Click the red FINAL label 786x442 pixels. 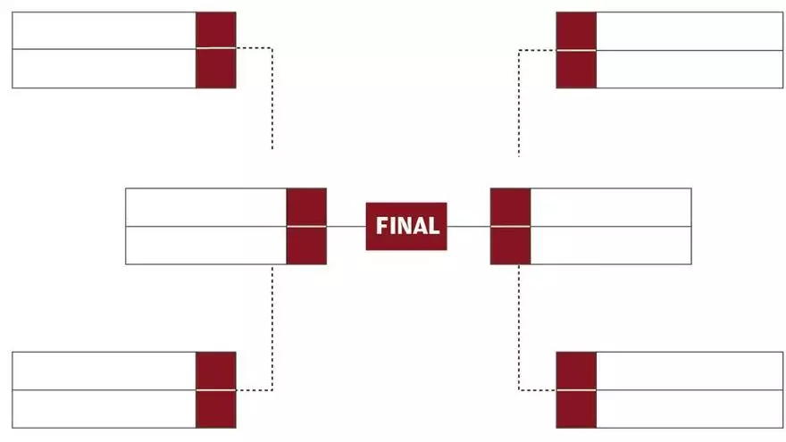(x=406, y=226)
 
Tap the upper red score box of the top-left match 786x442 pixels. (x=215, y=29)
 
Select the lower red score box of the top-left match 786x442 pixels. (x=215, y=68)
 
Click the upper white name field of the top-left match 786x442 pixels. (x=104, y=29)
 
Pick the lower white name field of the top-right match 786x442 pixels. (x=689, y=69)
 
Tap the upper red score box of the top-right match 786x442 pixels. (x=576, y=30)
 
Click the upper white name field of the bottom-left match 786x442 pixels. (x=104, y=371)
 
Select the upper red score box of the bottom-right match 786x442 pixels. (x=576, y=371)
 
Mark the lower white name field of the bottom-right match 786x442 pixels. (x=689, y=409)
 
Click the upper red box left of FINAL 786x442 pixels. (x=306, y=207)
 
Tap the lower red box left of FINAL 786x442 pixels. (x=306, y=246)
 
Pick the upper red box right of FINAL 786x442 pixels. (x=510, y=207)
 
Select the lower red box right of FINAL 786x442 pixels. (x=510, y=246)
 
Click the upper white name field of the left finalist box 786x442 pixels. (x=205, y=207)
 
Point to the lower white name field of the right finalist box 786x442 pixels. (x=611, y=246)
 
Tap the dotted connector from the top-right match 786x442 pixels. (x=519, y=98)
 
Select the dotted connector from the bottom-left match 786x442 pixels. (x=272, y=330)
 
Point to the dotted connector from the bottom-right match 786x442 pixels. (x=519, y=330)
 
